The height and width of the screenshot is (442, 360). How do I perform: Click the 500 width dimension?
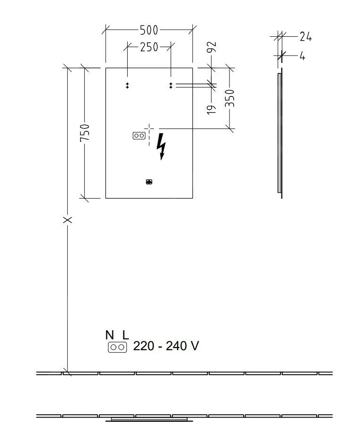(148, 31)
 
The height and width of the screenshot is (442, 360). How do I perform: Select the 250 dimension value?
(148, 47)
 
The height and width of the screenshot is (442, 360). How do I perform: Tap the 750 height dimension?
(85, 133)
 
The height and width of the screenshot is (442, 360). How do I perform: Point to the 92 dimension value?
(212, 48)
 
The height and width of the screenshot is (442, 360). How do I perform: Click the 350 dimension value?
(230, 98)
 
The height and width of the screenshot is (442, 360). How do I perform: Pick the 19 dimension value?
(212, 109)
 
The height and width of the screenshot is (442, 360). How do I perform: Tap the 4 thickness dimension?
(302, 56)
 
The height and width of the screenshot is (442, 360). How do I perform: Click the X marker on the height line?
(68, 219)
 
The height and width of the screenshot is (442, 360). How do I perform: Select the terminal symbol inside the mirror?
(139, 136)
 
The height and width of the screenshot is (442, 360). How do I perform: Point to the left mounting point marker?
(127, 85)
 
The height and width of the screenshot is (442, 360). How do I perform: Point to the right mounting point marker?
(171, 85)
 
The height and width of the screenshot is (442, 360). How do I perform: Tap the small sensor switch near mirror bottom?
(149, 182)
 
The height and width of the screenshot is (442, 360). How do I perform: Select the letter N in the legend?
(110, 335)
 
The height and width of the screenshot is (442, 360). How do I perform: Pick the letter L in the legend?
(125, 335)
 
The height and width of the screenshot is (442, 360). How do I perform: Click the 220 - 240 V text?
(166, 346)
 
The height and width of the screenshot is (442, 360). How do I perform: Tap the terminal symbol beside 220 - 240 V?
(117, 347)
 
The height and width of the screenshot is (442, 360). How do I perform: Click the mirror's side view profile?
(280, 133)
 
